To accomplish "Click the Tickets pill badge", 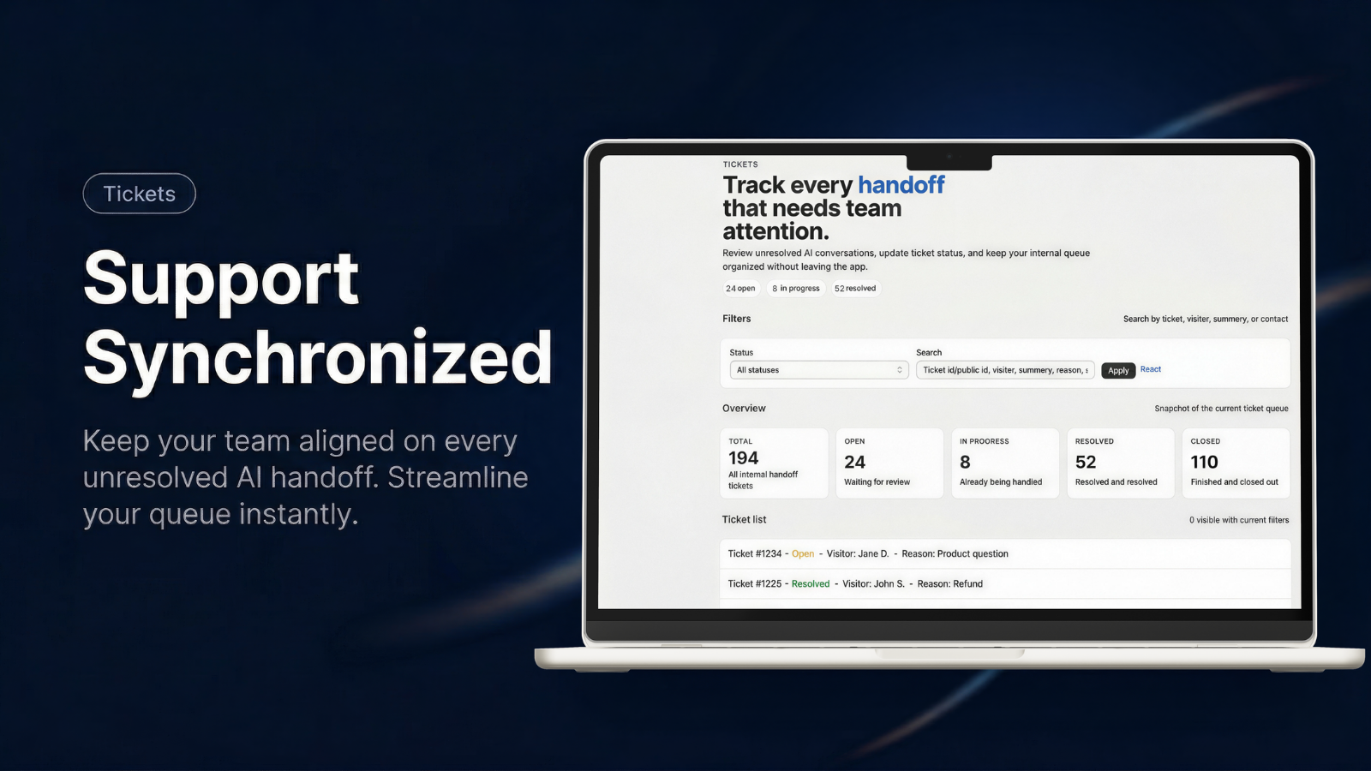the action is (140, 194).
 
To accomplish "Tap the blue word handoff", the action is (901, 185).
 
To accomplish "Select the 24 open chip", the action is (740, 288).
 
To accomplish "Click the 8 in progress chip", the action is (796, 288).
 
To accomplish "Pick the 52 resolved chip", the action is (855, 288).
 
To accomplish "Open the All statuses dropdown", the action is (819, 370).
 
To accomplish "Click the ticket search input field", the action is (1005, 370).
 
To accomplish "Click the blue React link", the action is (1151, 369).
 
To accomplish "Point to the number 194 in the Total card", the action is (743, 457).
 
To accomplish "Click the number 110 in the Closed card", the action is (1204, 462).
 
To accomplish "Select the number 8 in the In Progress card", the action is (965, 462).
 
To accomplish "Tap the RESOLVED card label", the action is (1094, 441).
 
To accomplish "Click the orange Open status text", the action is (803, 553).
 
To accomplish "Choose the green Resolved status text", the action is (811, 583).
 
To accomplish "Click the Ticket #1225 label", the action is (755, 583).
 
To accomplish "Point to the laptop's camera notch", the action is (949, 162).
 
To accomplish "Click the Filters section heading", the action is (736, 319).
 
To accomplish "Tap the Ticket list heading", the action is (745, 519).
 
